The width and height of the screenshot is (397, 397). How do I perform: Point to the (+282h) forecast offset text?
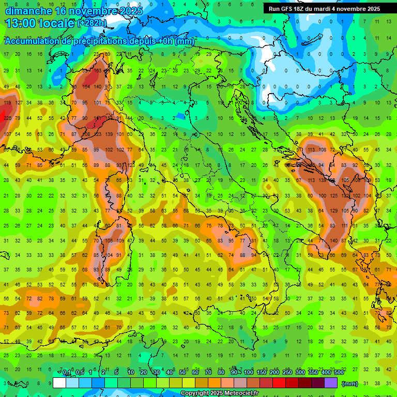tap(92, 23)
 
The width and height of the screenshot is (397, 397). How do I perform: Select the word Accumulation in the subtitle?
tap(32, 41)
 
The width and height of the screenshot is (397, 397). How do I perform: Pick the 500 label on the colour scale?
tap(339, 373)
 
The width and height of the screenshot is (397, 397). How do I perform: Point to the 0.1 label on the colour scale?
tap(67, 373)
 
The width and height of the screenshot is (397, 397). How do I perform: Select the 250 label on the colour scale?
tap(287, 373)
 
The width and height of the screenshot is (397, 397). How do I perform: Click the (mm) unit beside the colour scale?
tap(350, 384)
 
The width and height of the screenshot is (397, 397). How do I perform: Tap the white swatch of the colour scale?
tap(59, 383)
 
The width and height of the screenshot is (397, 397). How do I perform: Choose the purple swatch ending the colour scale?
tap(331, 383)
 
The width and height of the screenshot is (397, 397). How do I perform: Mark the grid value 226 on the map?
tap(7, 118)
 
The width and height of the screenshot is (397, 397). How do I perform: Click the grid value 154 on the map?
tap(86, 87)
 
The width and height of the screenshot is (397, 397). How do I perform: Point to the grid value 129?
tap(333, 211)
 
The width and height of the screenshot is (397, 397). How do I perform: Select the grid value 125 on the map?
tap(333, 195)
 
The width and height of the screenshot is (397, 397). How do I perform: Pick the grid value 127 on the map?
tap(18, 102)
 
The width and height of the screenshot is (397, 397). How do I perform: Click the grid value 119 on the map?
tap(7, 102)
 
